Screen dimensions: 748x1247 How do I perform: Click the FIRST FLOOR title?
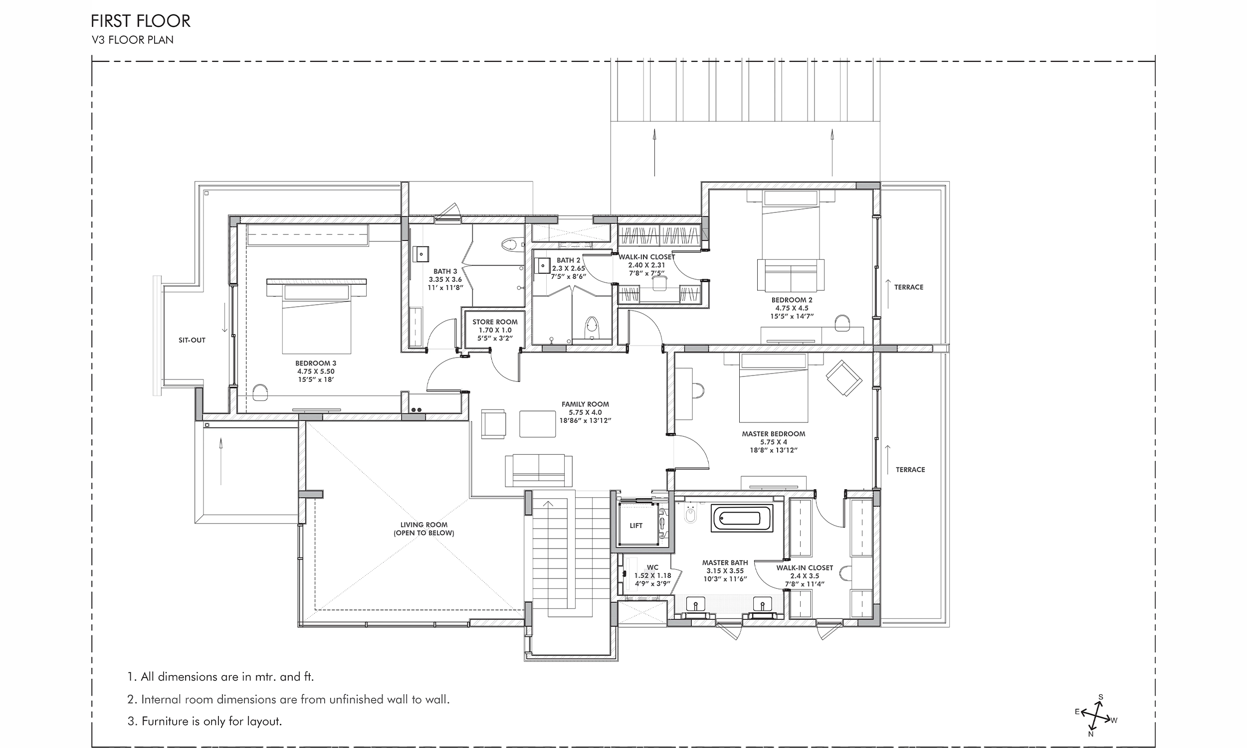point(141,21)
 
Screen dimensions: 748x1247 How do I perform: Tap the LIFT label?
point(635,526)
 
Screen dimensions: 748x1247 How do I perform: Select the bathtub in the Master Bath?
point(741,519)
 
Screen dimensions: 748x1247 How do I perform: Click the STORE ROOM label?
point(494,322)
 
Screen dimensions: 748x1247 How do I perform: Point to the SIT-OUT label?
point(192,340)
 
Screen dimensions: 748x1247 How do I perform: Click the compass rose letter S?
point(1100,697)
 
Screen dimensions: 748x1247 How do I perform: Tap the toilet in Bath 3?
point(510,245)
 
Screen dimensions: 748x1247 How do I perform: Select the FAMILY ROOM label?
point(585,404)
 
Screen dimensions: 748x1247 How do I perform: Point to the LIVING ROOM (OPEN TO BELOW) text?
point(423,529)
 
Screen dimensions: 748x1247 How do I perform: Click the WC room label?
point(652,567)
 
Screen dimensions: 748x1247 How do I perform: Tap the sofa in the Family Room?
point(539,470)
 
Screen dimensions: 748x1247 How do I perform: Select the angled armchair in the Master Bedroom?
point(844,377)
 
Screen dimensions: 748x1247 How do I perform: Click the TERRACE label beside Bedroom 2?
point(908,287)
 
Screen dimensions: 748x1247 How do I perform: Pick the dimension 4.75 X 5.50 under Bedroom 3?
point(316,372)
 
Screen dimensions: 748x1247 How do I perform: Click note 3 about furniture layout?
point(205,721)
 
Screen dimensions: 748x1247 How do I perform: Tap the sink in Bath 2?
point(543,266)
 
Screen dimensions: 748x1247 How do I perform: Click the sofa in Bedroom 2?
point(790,275)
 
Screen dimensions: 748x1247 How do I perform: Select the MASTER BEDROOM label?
point(773,434)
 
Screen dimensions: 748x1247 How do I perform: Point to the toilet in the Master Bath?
point(690,515)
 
